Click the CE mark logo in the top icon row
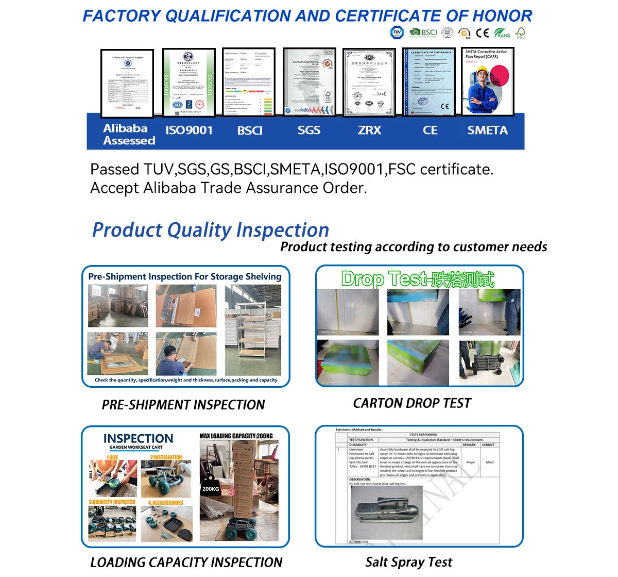click(482, 33)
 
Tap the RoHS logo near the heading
click(502, 33)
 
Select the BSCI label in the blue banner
click(250, 130)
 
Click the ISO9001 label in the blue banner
click(189, 130)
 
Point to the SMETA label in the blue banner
click(487, 130)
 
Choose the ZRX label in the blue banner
click(370, 130)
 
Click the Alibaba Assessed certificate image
click(127, 83)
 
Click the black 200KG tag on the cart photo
click(211, 488)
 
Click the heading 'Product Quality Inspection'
click(211, 230)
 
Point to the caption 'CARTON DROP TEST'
click(412, 403)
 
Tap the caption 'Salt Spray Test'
click(409, 562)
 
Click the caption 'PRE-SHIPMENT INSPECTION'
click(183, 405)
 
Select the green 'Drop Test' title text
click(418, 279)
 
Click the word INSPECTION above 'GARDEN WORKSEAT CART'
click(138, 438)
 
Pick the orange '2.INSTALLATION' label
click(166, 457)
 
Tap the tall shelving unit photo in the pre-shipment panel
click(253, 331)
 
